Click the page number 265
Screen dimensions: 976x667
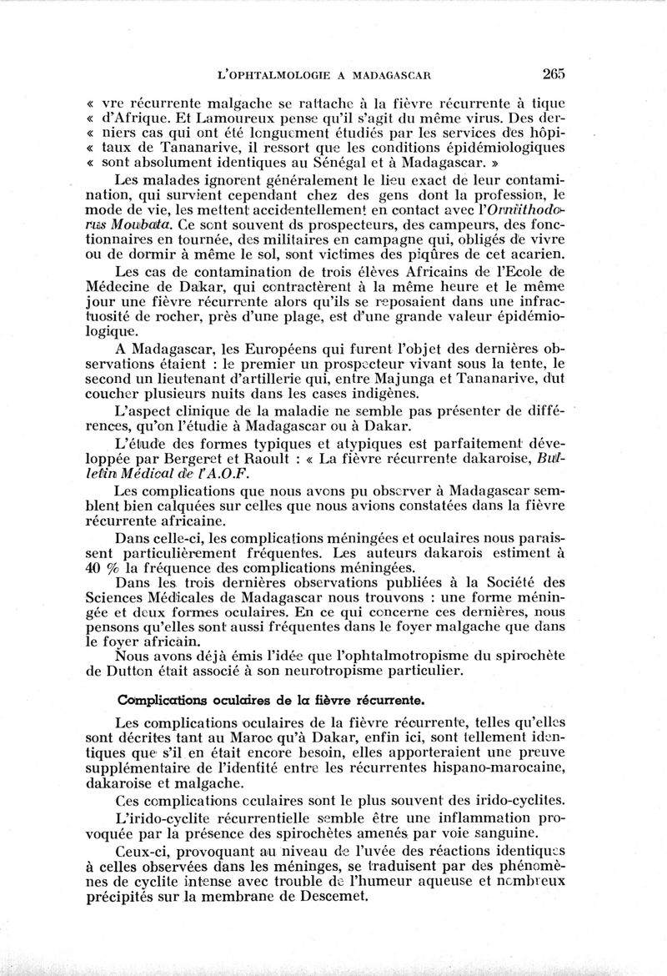click(553, 73)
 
